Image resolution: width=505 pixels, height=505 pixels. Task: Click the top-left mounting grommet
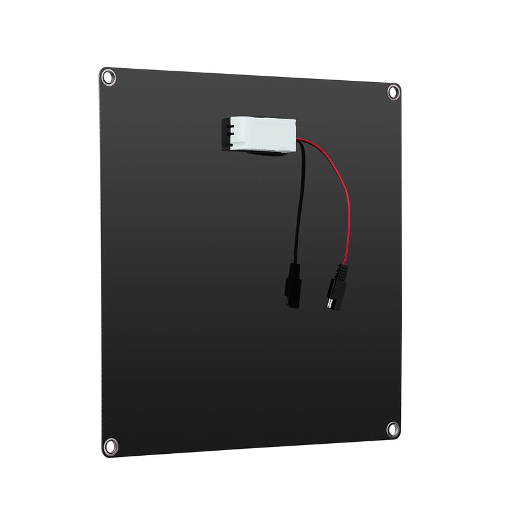point(109,77)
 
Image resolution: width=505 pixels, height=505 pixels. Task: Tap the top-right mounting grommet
point(393,92)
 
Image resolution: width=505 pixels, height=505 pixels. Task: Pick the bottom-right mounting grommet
point(393,429)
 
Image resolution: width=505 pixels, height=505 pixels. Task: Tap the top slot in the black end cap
point(232,126)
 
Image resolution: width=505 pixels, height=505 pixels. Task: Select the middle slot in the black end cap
point(232,134)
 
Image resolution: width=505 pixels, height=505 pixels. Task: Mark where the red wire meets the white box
point(297,139)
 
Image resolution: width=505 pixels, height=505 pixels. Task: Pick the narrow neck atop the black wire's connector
point(294,265)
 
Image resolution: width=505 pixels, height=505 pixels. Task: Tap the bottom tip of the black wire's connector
point(290,305)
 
